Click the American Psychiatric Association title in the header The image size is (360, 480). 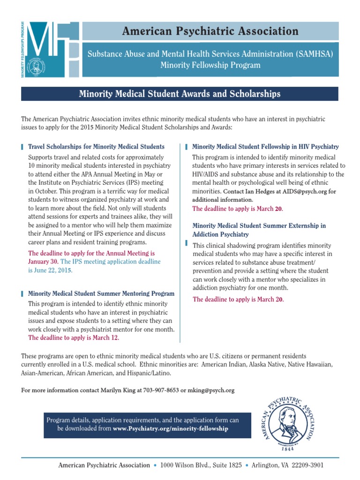tap(210, 31)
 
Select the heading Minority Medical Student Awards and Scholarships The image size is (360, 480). tap(180, 94)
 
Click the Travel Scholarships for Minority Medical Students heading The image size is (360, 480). tap(96, 147)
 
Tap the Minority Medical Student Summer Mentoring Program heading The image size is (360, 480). tap(101, 294)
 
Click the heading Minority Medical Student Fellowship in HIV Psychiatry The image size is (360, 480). tap(265, 147)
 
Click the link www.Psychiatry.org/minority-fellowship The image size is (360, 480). tap(171, 428)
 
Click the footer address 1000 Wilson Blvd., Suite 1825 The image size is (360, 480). tap(201, 465)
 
